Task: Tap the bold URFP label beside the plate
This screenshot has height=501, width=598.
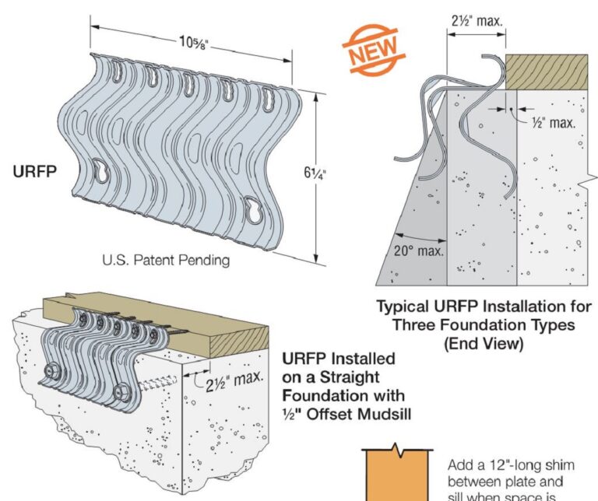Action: coord(34,171)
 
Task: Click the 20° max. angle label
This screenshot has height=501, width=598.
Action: coord(418,250)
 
